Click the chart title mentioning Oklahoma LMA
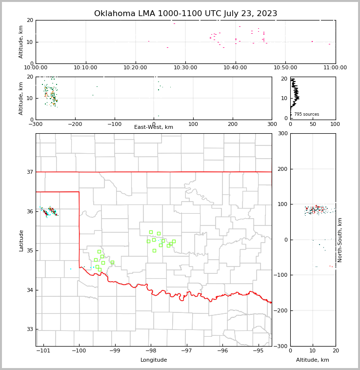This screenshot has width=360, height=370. coord(185,14)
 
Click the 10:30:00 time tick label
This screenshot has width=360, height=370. coord(185,68)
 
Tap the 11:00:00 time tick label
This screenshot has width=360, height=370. coord(335,68)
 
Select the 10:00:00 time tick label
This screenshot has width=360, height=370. coord(36,68)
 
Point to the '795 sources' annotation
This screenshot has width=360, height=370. coord(306,114)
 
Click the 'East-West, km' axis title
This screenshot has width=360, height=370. coord(154,127)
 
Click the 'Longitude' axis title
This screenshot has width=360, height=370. coord(154,360)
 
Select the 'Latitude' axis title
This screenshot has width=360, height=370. coord(21,240)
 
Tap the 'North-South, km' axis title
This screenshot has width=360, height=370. coord(340,240)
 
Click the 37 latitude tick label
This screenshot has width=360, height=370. coord(29,172)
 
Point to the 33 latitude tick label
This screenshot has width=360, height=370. coord(29,329)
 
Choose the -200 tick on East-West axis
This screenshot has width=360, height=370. coord(75,124)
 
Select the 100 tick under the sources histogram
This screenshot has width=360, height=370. coord(335,124)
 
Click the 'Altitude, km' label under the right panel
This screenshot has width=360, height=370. coord(313,360)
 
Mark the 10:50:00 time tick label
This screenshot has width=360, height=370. coord(285,68)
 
